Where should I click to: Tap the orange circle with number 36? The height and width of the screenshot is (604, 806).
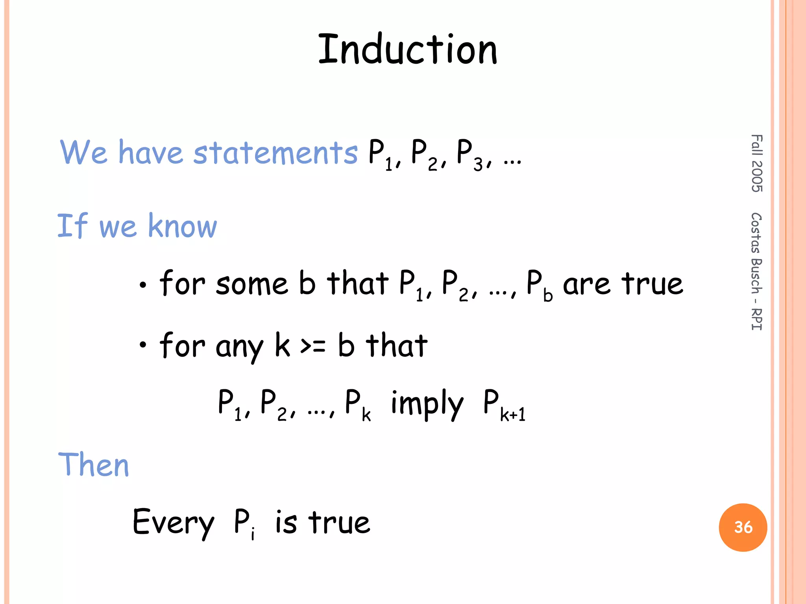(743, 527)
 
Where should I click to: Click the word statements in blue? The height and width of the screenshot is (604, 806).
(275, 153)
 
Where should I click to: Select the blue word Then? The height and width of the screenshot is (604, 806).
(94, 465)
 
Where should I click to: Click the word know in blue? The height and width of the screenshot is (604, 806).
(182, 226)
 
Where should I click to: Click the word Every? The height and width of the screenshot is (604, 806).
(173, 523)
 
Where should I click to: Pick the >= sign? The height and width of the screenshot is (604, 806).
(313, 346)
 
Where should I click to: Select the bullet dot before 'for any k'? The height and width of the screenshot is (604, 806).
(143, 345)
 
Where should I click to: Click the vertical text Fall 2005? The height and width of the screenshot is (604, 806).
(756, 163)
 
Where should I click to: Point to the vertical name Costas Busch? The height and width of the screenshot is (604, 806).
(756, 254)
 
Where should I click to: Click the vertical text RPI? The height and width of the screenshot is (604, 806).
(756, 319)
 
